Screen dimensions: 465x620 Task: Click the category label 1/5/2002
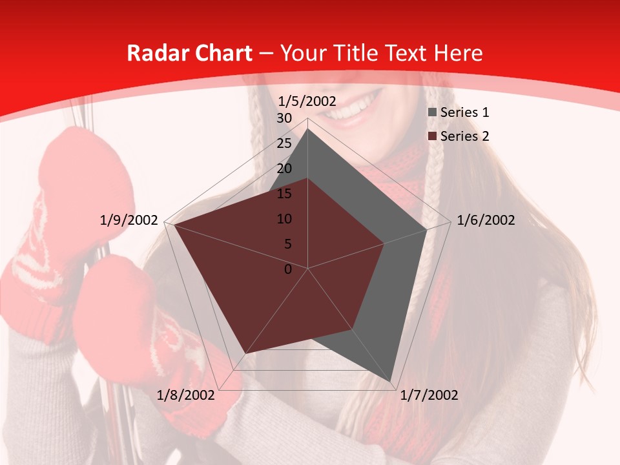tap(307, 101)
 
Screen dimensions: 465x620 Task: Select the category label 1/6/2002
tap(486, 220)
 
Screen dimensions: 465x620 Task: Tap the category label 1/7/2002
tap(429, 395)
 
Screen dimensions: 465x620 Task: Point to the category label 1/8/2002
tap(185, 395)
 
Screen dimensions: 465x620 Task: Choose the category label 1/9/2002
tap(129, 220)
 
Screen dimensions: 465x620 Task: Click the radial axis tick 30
tap(284, 119)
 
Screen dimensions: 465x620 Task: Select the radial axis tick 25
tap(284, 143)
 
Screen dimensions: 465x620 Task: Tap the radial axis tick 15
tap(284, 194)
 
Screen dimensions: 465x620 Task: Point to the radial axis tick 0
tap(288, 269)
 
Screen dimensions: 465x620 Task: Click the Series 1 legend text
tap(464, 112)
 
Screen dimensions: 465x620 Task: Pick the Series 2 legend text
tap(464, 136)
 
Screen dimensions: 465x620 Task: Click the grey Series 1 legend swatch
tap(433, 113)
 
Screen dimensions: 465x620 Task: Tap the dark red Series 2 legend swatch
tap(433, 137)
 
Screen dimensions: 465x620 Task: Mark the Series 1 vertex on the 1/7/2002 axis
tap(391, 381)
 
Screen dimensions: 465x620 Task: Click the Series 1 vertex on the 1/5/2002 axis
tap(308, 129)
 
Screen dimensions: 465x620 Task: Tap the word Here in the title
tap(459, 53)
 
